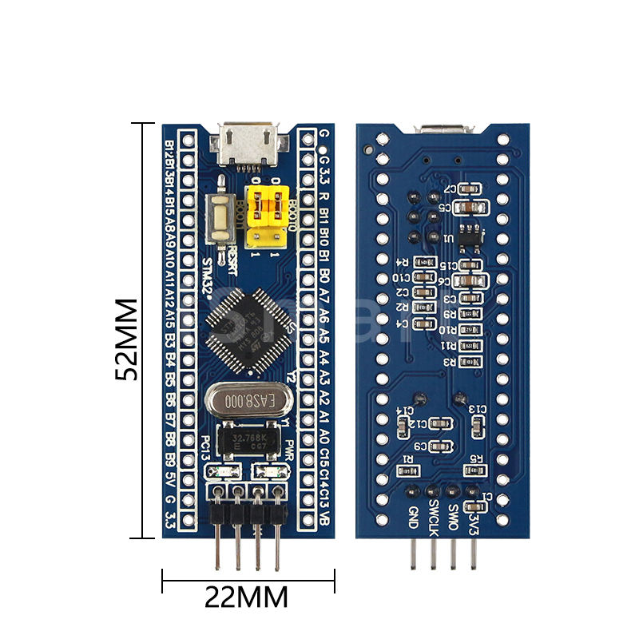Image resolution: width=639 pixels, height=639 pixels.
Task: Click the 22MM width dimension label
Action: (246, 597)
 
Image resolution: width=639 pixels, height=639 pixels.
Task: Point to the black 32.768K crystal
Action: (249, 442)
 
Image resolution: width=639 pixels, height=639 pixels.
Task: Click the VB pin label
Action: (323, 518)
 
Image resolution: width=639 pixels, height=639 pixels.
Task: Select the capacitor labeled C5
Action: (468, 208)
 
